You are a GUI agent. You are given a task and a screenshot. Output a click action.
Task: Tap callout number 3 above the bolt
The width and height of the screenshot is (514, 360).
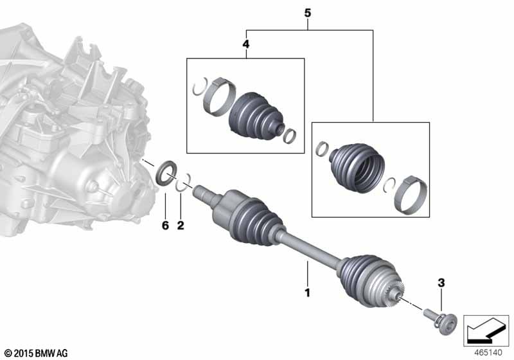point(441,283)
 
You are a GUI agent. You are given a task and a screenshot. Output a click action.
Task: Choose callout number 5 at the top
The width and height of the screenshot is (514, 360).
point(308,12)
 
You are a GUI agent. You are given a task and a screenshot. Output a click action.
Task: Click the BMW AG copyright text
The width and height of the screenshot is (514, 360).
point(35,353)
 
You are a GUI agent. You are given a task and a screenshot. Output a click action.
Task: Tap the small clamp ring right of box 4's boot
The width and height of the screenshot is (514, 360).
point(290,136)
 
